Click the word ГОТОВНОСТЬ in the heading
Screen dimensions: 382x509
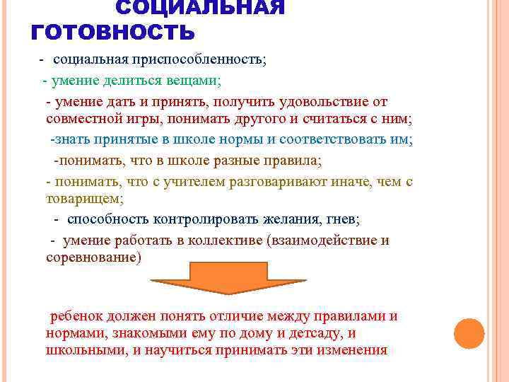coord(113,33)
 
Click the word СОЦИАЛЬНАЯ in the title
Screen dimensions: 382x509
coord(200,8)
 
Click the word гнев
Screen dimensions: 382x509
coord(345,219)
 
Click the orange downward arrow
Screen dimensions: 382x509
coord(228,277)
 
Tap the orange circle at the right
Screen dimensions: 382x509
coord(469,332)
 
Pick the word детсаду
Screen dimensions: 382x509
coord(311,332)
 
